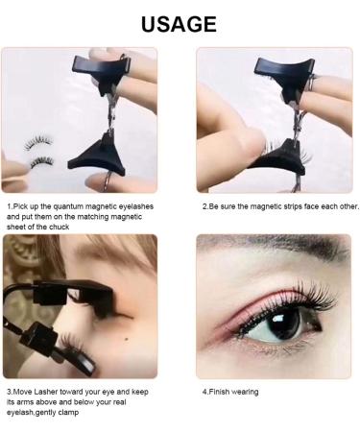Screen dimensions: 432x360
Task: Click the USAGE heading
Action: pyautogui.click(x=180, y=24)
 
